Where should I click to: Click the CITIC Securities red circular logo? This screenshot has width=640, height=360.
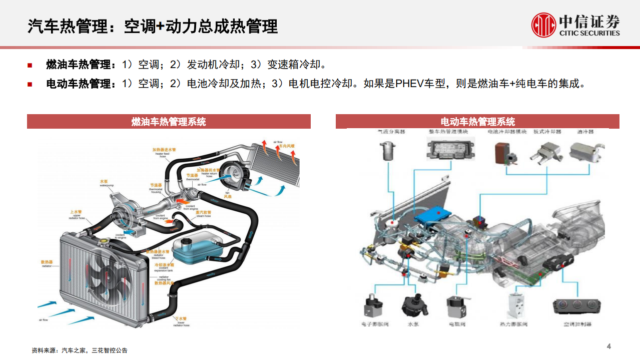click(544, 26)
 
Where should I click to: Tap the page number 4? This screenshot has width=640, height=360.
click(609, 346)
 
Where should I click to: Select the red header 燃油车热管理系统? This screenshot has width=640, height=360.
click(169, 122)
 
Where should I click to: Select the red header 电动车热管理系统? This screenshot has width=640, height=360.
click(477, 122)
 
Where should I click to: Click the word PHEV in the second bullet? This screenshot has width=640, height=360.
click(409, 84)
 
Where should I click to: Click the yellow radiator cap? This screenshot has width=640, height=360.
click(104, 241)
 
